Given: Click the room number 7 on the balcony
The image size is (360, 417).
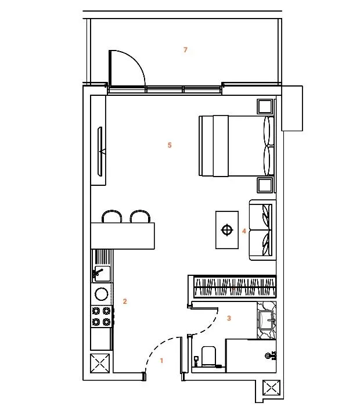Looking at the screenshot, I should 185,50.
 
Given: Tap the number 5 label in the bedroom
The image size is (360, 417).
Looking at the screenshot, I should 170,145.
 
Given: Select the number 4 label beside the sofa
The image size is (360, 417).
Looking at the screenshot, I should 244,231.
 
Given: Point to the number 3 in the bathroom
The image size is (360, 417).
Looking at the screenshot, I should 229,318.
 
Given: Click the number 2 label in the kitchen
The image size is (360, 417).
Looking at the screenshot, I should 125,301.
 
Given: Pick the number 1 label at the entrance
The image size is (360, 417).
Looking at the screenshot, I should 161,361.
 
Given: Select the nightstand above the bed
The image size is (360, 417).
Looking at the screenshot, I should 265,107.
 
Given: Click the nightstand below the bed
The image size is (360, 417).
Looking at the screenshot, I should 265,185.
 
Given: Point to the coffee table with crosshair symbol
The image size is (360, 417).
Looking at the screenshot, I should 226,231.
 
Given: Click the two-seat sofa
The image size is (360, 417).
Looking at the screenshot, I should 262,231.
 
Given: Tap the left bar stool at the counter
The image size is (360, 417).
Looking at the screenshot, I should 112,217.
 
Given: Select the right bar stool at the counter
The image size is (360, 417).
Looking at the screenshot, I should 141,217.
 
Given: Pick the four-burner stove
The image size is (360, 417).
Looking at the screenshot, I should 101,316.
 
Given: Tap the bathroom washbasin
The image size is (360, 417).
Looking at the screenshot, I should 269,320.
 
